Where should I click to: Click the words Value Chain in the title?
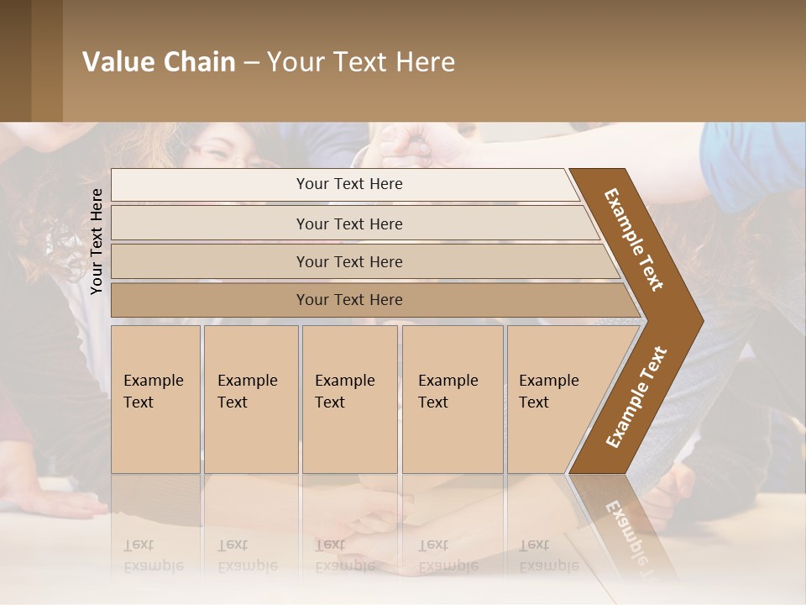pos(159,62)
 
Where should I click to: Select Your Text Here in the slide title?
pos(361,62)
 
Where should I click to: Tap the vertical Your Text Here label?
pos(97,241)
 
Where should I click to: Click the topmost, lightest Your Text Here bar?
pos(348,184)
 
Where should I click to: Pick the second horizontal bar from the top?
pos(349,224)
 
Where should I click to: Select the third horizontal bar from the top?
pos(349,261)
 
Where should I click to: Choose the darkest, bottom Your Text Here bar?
pos(349,300)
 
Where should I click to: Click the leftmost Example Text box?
pos(155,398)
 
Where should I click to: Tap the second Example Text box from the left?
pos(250,398)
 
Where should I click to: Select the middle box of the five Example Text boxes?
pos(348,398)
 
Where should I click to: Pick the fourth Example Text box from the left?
pos(452,398)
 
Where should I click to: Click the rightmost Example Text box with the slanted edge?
pos(554,398)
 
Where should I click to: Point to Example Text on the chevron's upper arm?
pos(634,239)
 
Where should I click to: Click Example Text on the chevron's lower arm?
pos(636,397)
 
